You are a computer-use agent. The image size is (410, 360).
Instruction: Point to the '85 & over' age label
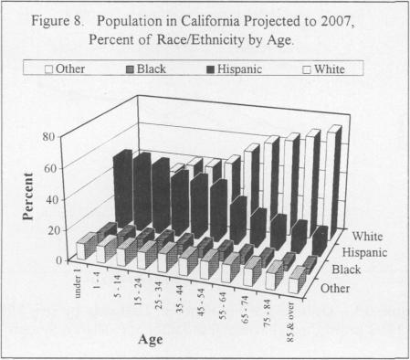[294, 315]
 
